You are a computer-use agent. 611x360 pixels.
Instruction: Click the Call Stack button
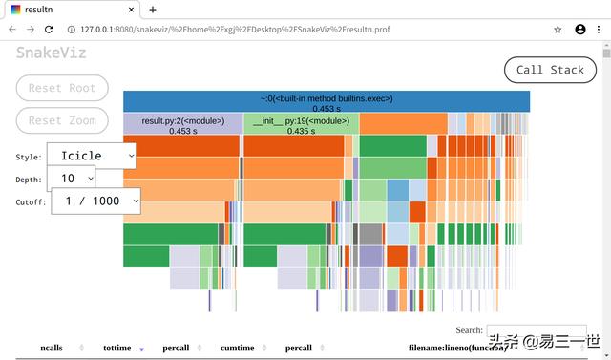550,70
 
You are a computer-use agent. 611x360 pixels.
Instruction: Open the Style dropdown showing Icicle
92,156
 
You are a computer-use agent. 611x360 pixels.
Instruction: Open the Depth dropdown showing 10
72,178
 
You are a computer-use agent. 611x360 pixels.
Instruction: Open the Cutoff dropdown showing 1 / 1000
95,201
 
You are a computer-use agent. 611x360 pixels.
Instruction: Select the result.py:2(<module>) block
181,125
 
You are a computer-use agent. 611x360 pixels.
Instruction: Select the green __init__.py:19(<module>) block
301,125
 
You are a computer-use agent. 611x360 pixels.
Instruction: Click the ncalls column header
52,349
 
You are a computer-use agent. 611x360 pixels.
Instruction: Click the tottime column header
116,349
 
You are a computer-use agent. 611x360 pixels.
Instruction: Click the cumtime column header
237,349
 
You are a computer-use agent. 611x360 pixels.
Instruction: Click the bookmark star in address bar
558,29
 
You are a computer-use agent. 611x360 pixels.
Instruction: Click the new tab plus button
153,9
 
